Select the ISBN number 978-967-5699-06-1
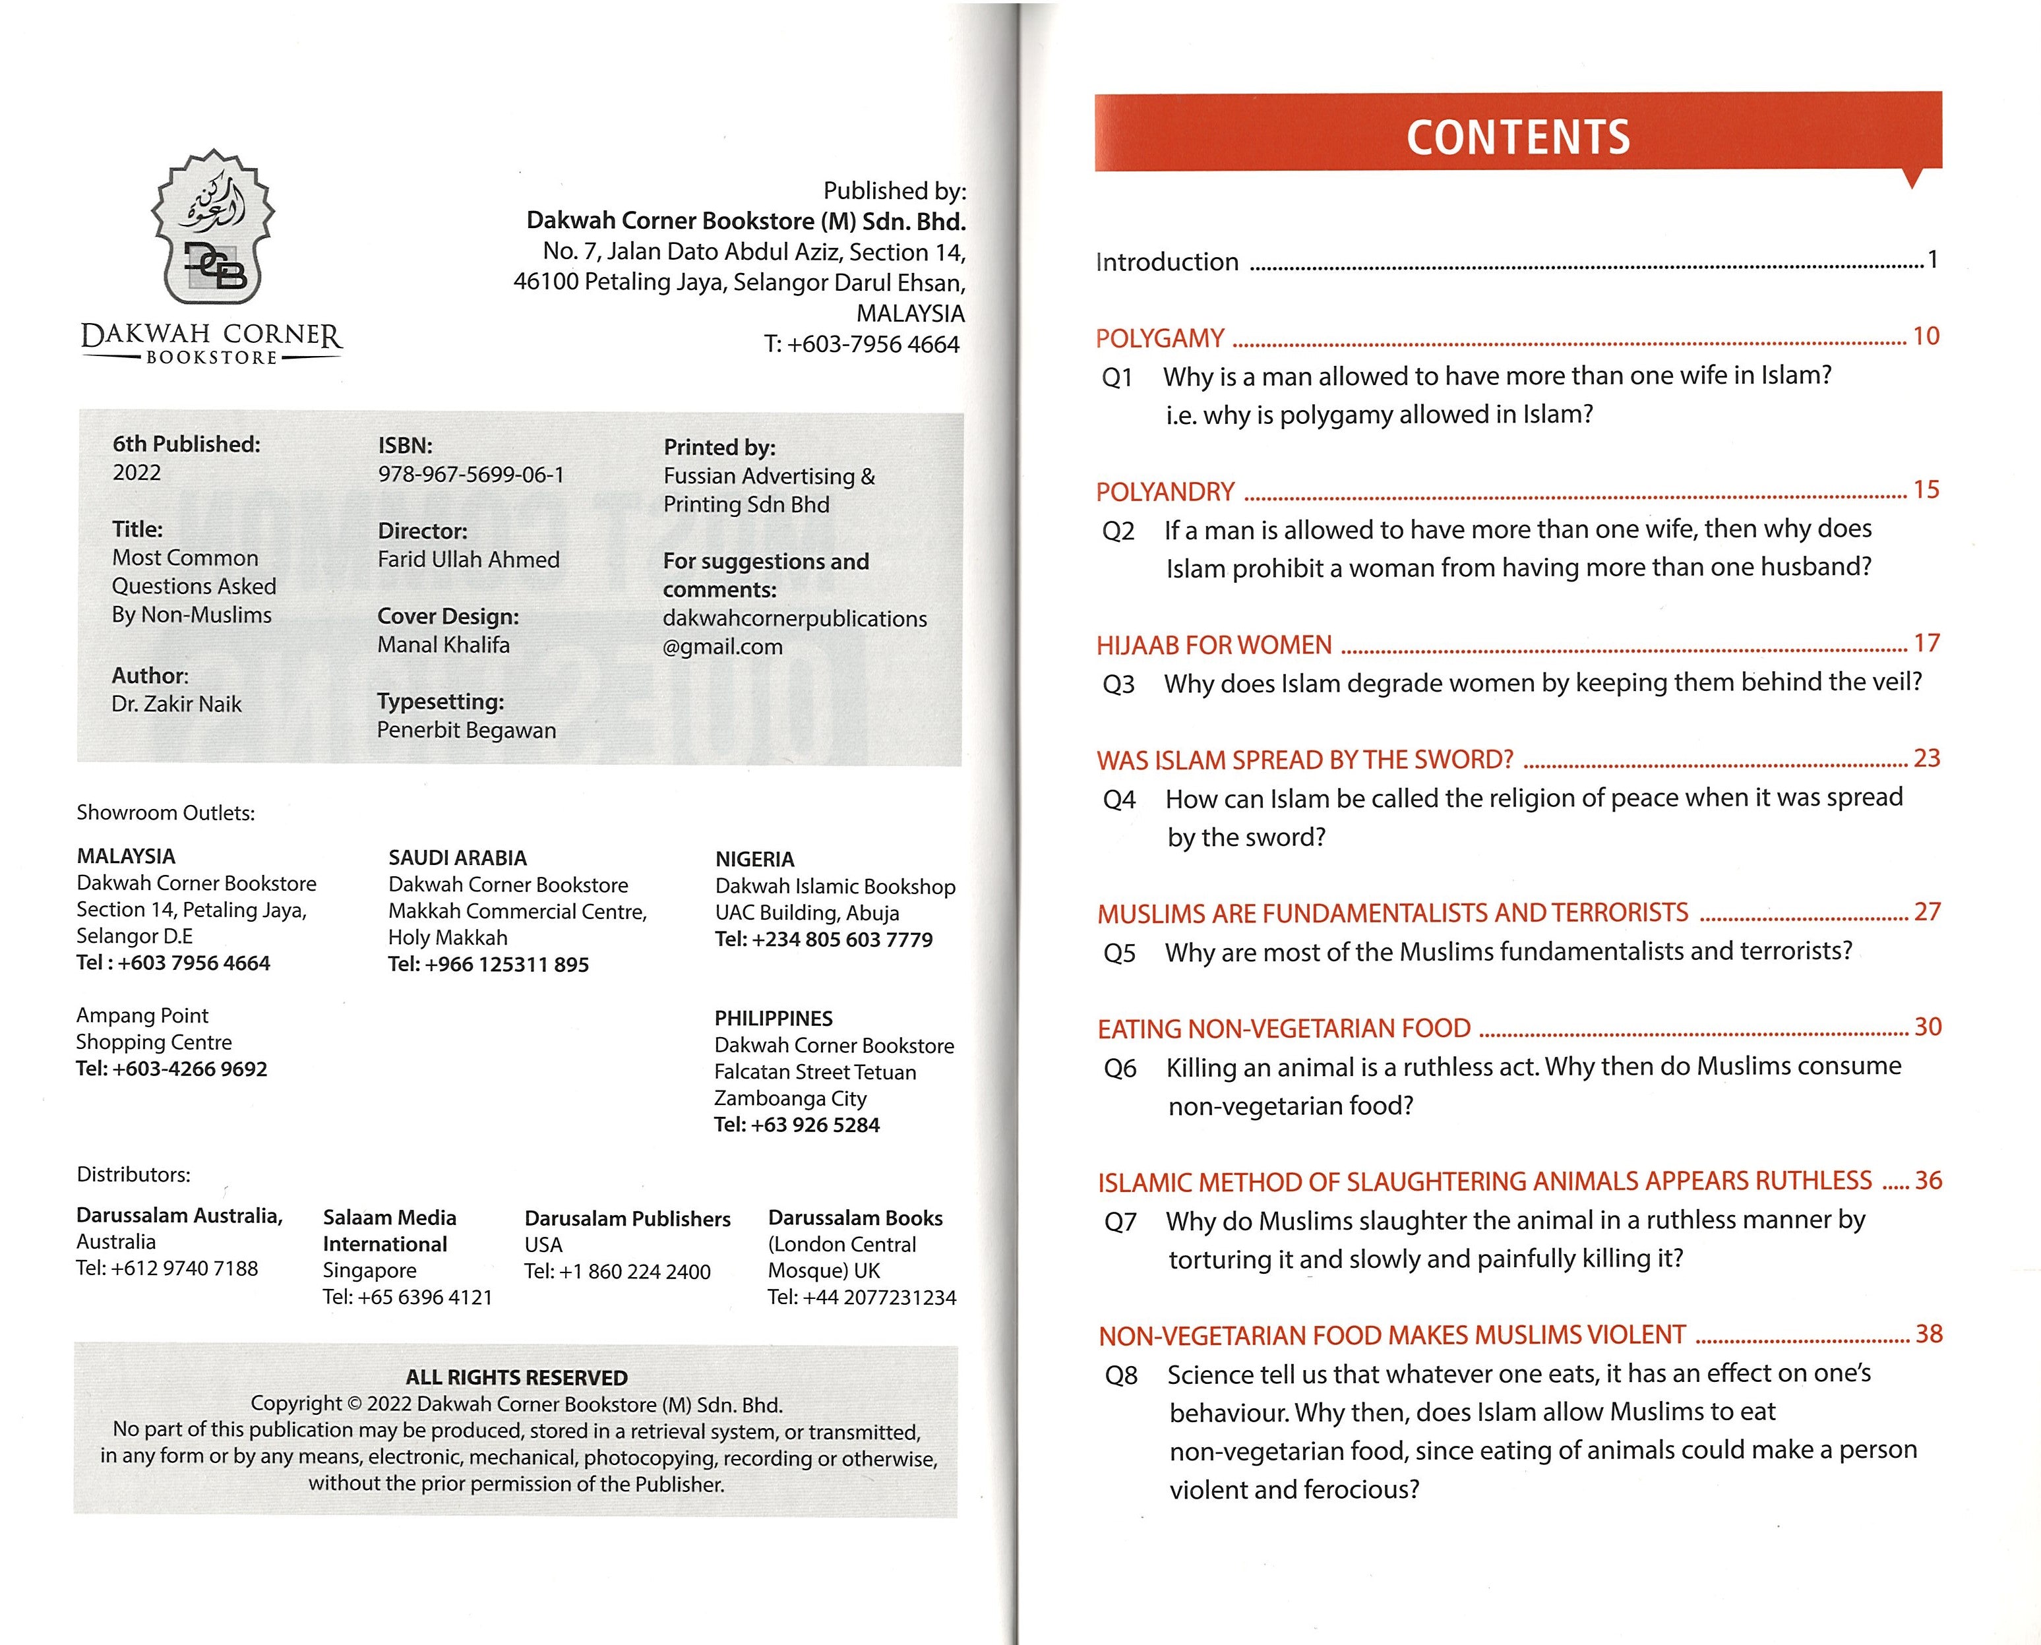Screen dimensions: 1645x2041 471,475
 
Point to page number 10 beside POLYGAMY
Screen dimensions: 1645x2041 1926,336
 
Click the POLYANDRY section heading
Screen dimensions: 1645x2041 1165,492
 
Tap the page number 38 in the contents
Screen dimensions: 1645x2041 1928,1334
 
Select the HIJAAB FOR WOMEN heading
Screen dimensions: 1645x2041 1214,645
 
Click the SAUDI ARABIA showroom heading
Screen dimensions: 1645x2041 457,858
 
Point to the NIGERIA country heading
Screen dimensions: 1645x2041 754,860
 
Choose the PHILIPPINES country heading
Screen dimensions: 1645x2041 773,1019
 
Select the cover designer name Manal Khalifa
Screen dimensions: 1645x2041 443,645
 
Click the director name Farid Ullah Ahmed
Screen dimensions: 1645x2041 468,560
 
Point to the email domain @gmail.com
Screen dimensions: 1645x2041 723,647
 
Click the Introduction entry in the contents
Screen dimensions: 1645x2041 1167,262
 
